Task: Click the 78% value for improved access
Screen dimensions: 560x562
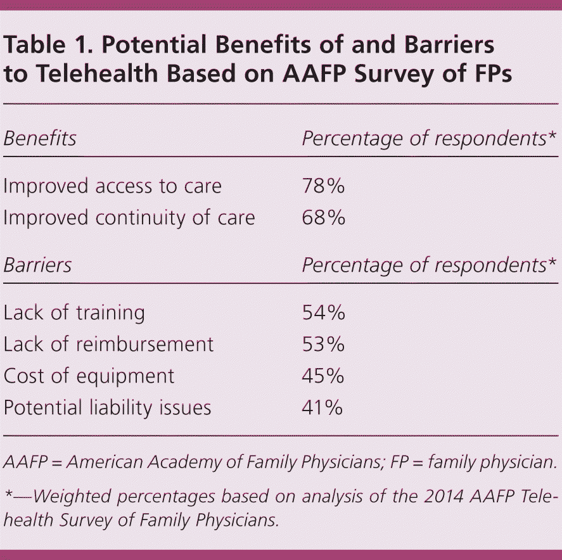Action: [323, 186]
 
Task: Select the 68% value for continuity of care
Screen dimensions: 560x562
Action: [323, 218]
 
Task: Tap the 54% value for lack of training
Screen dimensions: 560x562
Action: [323, 313]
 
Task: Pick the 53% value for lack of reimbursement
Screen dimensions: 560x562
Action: [323, 345]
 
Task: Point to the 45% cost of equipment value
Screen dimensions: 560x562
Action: [323, 376]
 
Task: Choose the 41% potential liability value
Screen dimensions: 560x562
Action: [322, 407]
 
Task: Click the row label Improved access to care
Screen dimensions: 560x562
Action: [113, 186]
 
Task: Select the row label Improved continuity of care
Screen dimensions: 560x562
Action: [129, 218]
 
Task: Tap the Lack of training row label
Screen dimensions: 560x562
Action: [74, 313]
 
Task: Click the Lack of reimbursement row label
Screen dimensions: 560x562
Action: [108, 345]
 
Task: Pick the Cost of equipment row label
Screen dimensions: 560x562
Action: [89, 376]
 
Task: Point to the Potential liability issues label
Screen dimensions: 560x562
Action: [107, 407]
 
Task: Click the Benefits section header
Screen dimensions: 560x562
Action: [40, 138]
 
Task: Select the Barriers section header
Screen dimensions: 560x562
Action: [37, 265]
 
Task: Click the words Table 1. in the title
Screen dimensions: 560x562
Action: [43, 46]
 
